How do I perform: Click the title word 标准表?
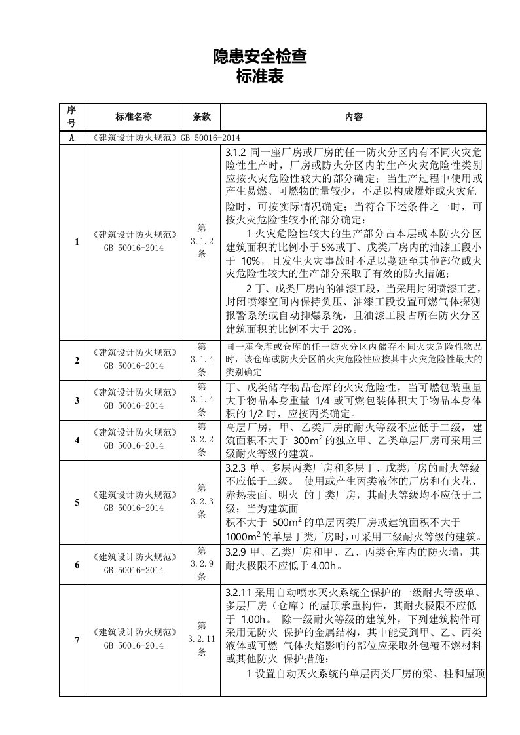(260, 77)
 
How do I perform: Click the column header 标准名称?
(134, 117)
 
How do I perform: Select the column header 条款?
(202, 117)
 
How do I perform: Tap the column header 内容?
(354, 117)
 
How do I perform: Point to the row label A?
(71, 138)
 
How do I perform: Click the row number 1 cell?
(77, 242)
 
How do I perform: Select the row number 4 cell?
(77, 440)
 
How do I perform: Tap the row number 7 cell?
(77, 639)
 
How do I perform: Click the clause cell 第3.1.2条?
(202, 242)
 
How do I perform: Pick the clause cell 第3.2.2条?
(202, 440)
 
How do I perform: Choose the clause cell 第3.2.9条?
(202, 563)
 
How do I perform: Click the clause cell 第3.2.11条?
(202, 639)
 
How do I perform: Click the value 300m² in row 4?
(309, 440)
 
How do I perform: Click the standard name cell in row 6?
(134, 563)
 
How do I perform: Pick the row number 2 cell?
(77, 360)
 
